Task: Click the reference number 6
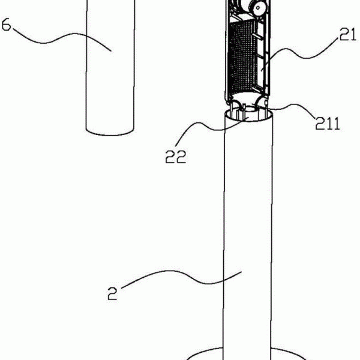(6, 25)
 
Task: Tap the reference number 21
(347, 34)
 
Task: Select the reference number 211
(328, 123)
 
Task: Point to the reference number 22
(175, 157)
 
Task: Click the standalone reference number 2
(113, 293)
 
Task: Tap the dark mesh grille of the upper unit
(243, 58)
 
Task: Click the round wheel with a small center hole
(258, 7)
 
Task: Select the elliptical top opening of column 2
(248, 115)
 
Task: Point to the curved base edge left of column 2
(205, 352)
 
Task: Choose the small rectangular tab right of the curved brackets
(266, 102)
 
